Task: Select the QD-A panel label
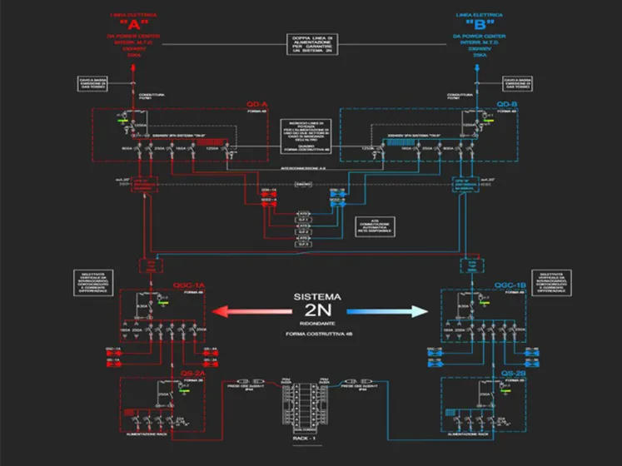click(x=256, y=104)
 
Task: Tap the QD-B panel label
click(x=507, y=104)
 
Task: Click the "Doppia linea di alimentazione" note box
click(x=311, y=43)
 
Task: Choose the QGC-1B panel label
click(x=510, y=285)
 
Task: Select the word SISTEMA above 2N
click(x=311, y=297)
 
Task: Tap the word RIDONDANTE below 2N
click(x=311, y=322)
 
